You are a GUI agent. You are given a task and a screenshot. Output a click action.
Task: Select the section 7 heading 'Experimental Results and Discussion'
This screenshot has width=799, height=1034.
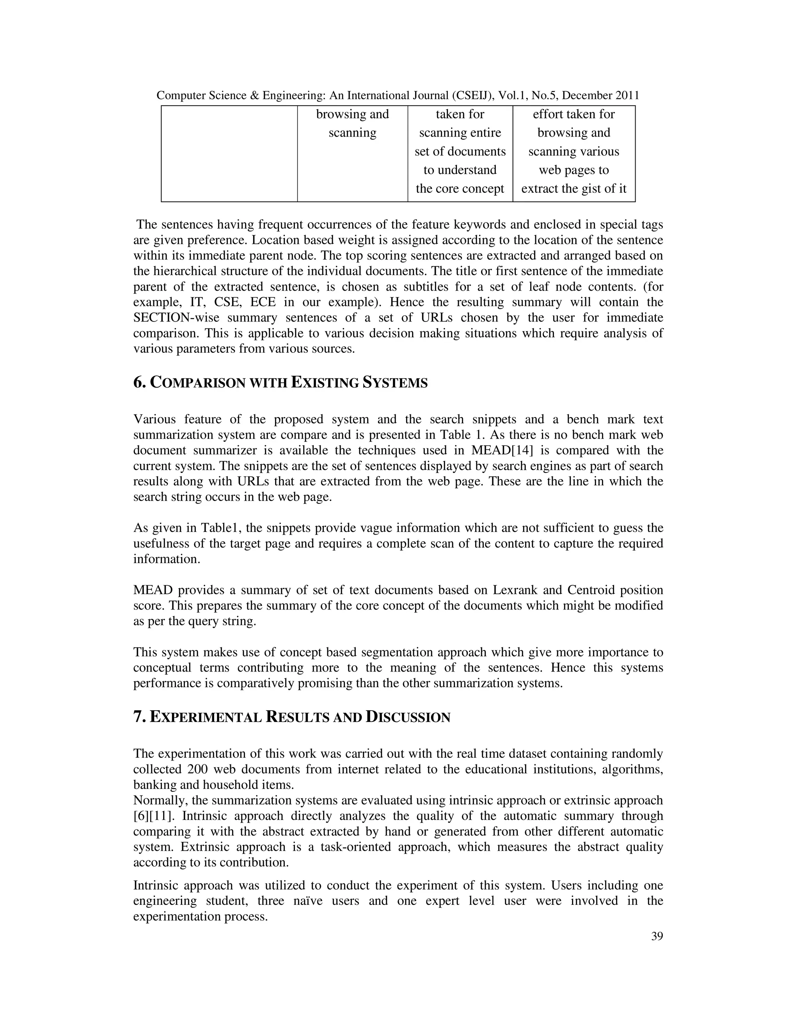(291, 717)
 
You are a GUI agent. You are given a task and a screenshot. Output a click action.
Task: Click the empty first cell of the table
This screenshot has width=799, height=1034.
(229, 153)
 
